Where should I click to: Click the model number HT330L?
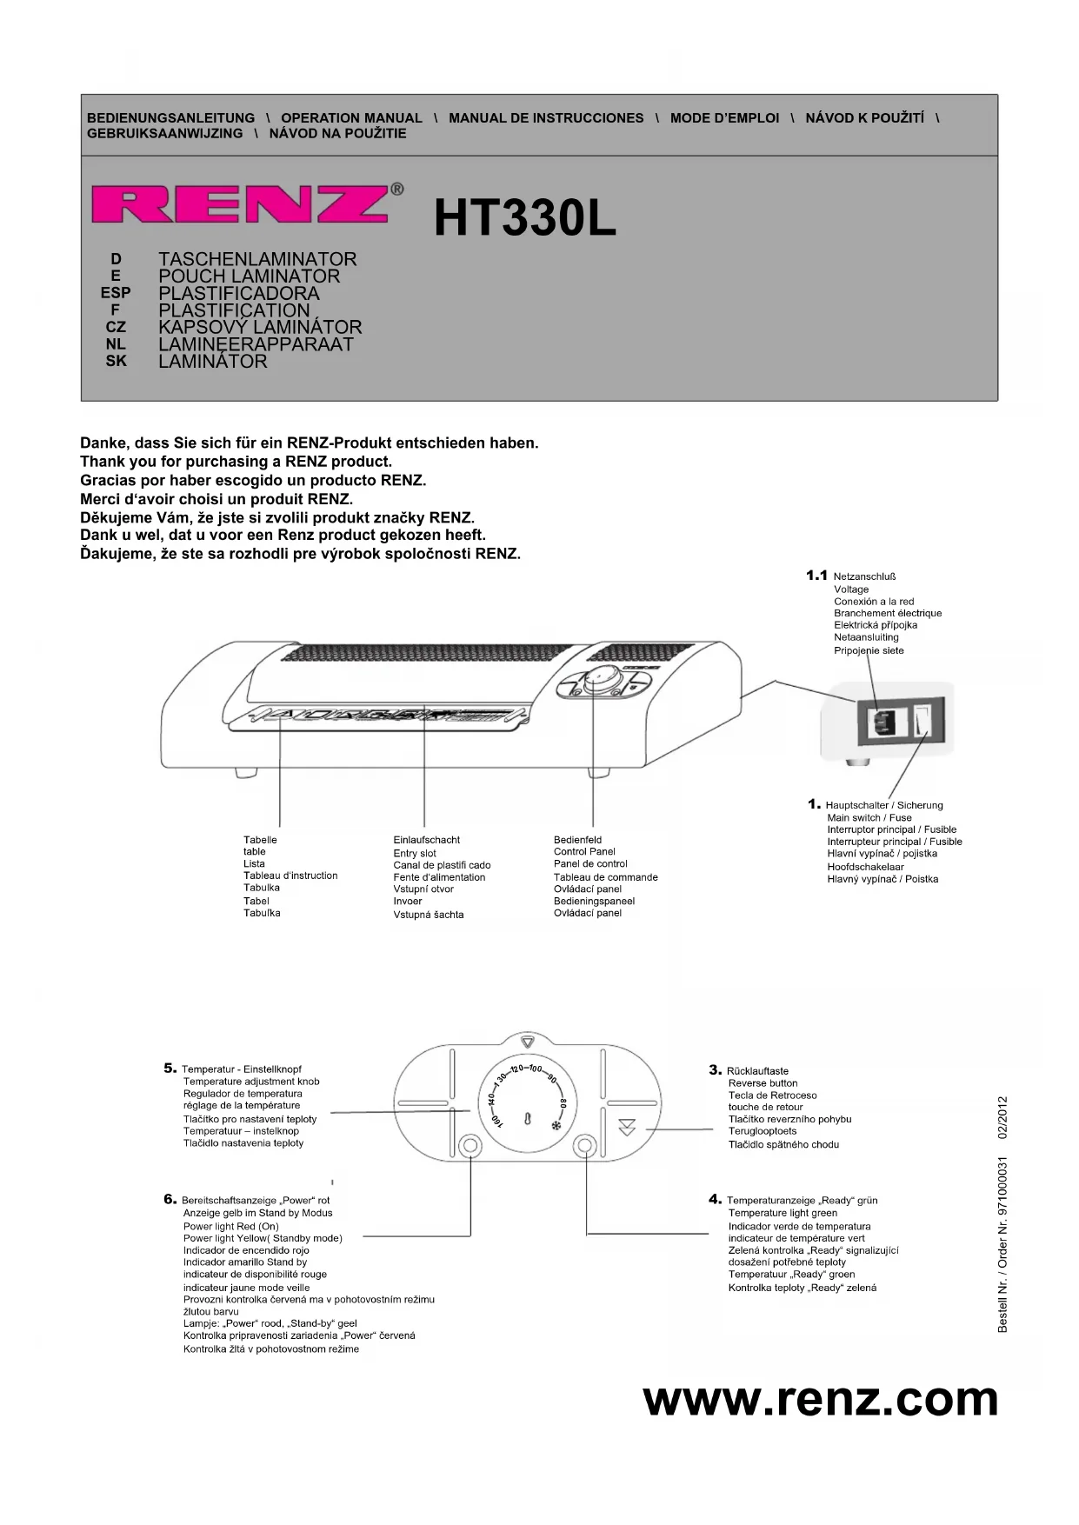[524, 218]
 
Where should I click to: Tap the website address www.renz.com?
[820, 1399]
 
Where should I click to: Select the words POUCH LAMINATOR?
[249, 276]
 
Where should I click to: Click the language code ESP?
[116, 293]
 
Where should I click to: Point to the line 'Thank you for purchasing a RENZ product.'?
[236, 462]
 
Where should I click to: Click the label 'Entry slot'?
[415, 853]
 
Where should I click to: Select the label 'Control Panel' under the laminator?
[584, 852]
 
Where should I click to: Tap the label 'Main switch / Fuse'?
[869, 817]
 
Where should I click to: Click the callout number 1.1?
[816, 576]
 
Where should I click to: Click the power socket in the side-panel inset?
[881, 720]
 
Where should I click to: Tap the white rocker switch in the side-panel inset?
[922, 720]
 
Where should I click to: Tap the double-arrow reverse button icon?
[627, 1128]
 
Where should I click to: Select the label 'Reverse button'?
[763, 1083]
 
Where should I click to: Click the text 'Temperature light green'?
[783, 1213]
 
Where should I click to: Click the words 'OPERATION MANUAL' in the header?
[351, 118]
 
